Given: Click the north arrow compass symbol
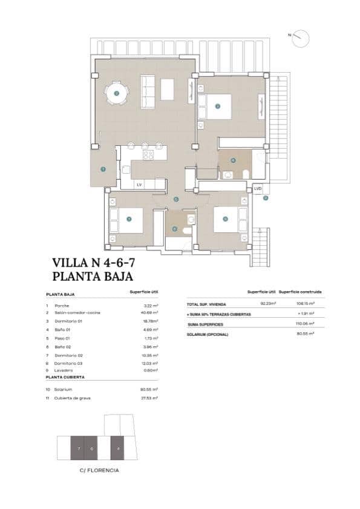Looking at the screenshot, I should [x=301, y=38].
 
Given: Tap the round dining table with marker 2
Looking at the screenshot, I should [x=116, y=93].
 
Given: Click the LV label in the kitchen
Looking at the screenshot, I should [x=139, y=184].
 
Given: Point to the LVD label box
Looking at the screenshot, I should [x=258, y=188].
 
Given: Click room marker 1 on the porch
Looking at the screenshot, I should [x=103, y=169].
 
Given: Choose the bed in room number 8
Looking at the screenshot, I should [x=229, y=219].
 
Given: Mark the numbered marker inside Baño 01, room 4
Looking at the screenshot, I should [x=234, y=160].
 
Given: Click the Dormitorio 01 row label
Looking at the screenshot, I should [x=68, y=321].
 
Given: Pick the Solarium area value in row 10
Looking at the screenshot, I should [x=149, y=389].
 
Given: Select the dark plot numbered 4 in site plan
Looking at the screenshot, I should [x=117, y=448].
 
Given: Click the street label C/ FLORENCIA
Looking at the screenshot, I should [x=99, y=470].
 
